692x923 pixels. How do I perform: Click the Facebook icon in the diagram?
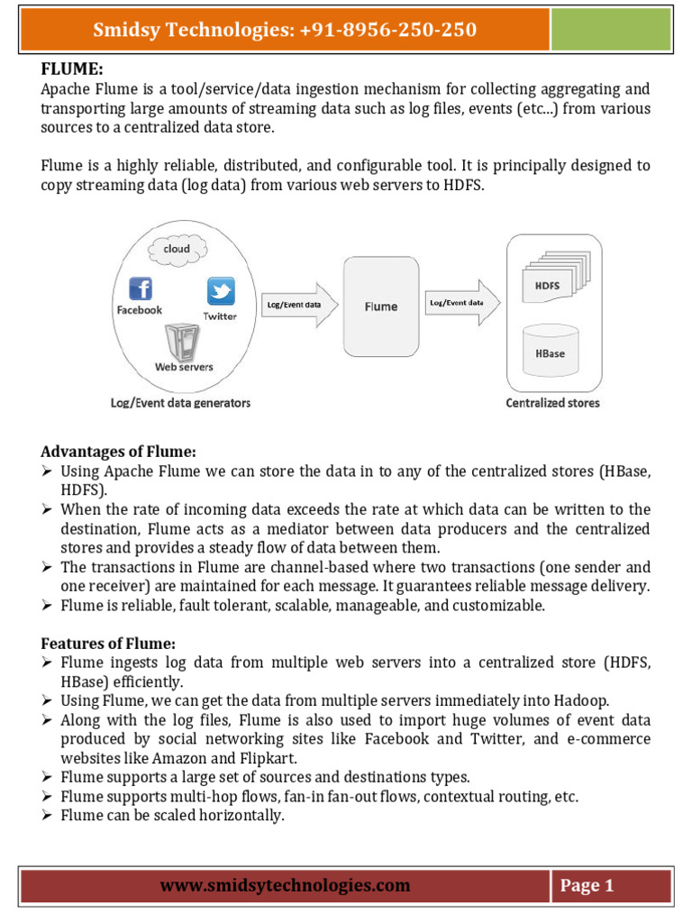pos(140,288)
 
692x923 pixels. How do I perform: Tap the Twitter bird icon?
pos(221,291)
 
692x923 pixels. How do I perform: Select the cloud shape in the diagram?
pos(177,248)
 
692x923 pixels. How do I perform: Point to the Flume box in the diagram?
pos(380,306)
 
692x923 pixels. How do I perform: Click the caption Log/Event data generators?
pos(180,402)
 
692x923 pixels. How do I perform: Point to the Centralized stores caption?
pos(552,402)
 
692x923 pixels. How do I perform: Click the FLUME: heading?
pos(68,69)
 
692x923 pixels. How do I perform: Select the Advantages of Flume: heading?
pos(118,451)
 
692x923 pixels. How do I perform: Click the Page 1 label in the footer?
pos(587,886)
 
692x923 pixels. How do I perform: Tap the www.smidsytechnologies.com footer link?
pos(285,886)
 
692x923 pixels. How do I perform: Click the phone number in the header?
pos(387,31)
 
